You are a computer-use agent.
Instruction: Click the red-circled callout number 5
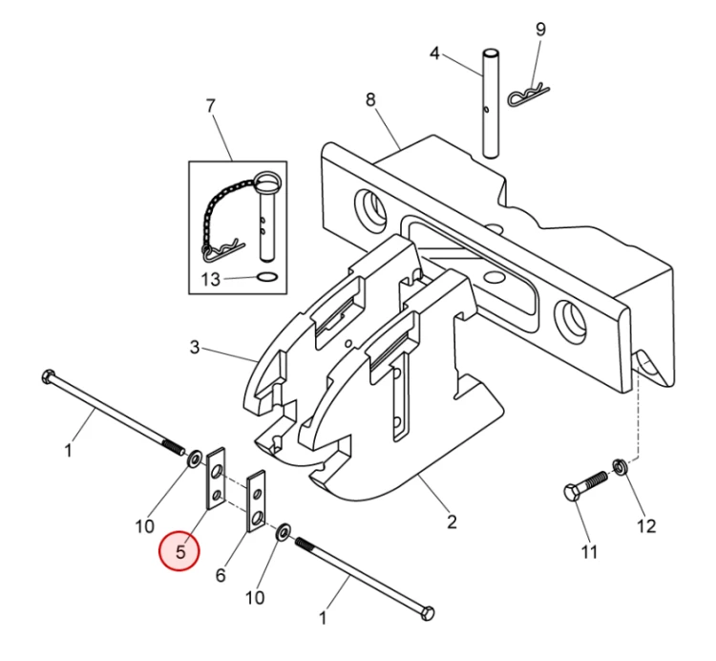tap(180, 551)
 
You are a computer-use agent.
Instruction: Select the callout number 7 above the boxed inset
tap(211, 104)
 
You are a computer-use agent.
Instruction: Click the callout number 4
tap(434, 53)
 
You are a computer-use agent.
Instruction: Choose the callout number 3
tap(195, 348)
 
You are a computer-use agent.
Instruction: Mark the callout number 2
tap(451, 522)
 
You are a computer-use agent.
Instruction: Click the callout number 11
tap(589, 551)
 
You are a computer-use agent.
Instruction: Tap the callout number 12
tap(647, 524)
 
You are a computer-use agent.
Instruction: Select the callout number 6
tap(221, 575)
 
